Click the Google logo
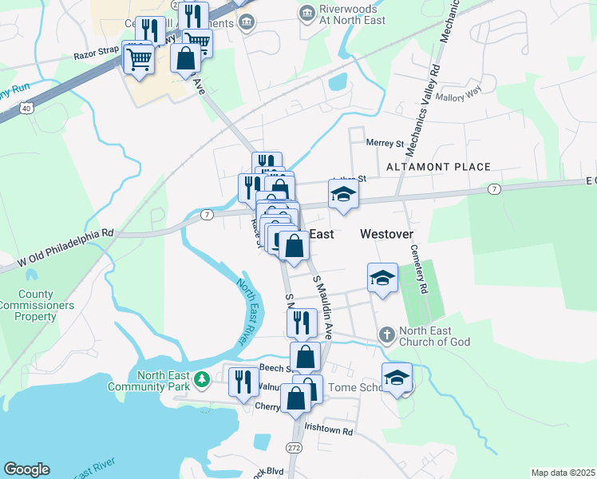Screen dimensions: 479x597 click(26, 469)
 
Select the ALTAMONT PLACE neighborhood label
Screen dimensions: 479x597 click(438, 167)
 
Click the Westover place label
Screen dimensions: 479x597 click(386, 234)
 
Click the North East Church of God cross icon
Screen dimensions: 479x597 click(386, 335)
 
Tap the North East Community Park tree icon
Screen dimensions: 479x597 click(203, 377)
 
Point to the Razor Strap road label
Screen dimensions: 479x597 click(96, 56)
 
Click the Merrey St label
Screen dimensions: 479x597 click(385, 144)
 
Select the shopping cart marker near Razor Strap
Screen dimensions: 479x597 click(139, 58)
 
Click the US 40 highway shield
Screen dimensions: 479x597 click(27, 107)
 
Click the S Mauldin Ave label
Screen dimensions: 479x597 click(323, 306)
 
